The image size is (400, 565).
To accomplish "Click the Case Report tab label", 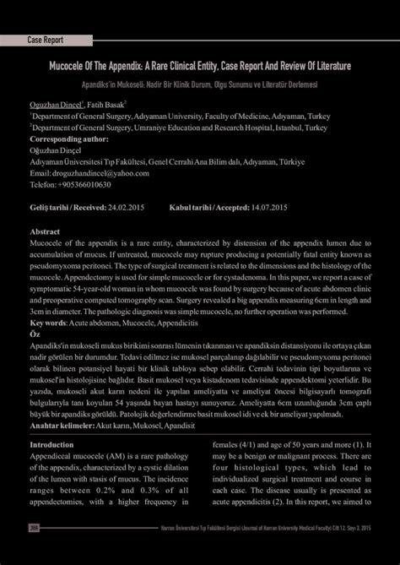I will pos(46,40).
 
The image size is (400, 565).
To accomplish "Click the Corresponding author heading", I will pos(69,139).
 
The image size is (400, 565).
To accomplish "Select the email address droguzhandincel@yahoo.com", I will pos(100,172).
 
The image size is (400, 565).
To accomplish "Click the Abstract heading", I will pos(45,230).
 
